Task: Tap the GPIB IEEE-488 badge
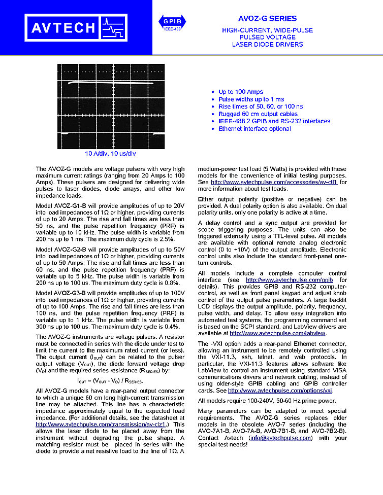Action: coord(172,23)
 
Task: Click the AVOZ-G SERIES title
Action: coord(267,18)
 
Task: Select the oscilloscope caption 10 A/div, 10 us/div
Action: coord(110,153)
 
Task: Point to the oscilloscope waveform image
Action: coord(110,106)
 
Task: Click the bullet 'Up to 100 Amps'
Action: coord(241,92)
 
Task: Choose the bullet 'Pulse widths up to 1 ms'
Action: coord(251,99)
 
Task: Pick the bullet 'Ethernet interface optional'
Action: coord(254,129)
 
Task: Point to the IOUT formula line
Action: coord(110,380)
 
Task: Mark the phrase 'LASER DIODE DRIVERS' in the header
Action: coord(267,45)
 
